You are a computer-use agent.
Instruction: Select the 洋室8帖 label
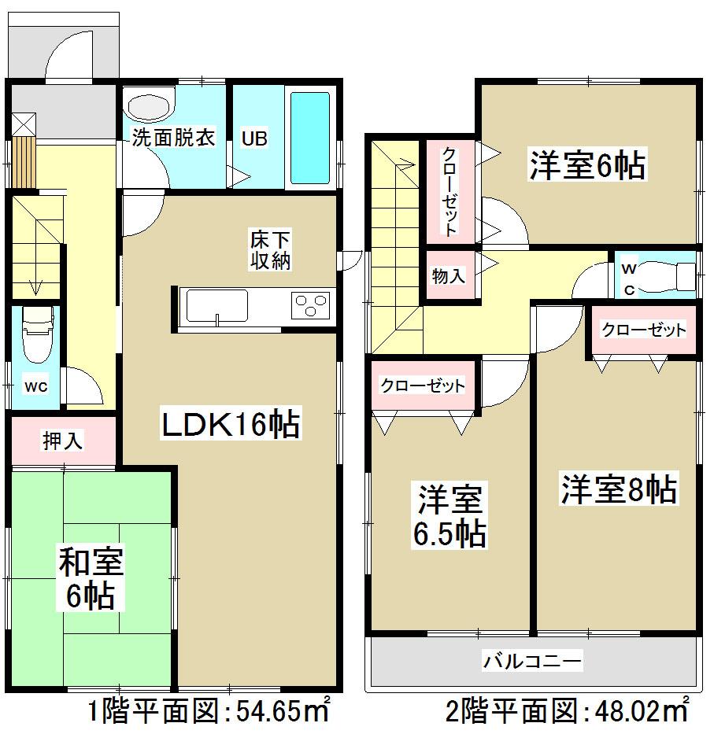click(618, 489)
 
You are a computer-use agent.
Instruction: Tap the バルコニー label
click(533, 661)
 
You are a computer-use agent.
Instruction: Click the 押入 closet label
click(63, 441)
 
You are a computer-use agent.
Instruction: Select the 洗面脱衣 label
click(172, 138)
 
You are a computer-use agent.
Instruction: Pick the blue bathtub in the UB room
click(310, 138)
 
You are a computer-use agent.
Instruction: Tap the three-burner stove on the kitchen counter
click(309, 305)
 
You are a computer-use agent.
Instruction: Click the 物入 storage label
click(449, 276)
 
